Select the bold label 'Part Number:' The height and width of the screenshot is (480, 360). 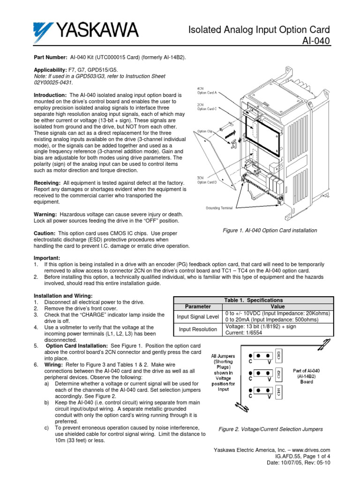(x=51, y=56)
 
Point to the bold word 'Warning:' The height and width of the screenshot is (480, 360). (x=46, y=214)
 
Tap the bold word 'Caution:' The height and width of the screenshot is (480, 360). (x=45, y=233)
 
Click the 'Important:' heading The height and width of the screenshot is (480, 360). (x=47, y=258)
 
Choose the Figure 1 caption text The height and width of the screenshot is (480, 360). (x=270, y=231)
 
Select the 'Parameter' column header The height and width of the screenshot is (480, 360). (x=198, y=307)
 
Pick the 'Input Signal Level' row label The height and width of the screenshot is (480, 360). (x=198, y=317)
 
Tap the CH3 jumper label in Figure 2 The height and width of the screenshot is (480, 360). (x=278, y=354)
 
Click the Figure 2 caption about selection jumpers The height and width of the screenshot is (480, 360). (x=271, y=429)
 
